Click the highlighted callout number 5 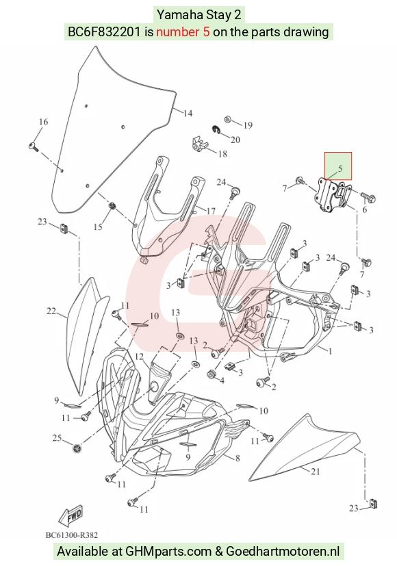pos(340,168)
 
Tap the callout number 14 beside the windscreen pos(188,114)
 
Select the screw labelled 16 pos(34,146)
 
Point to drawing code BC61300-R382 pos(71,535)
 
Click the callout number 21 pos(316,472)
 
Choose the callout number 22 pos(51,311)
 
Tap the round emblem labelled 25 pos(77,449)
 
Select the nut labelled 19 pos(228,120)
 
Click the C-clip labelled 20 pos(216,130)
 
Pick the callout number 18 pos(222,154)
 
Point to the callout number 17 pos(211,210)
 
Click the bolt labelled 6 pos(368,198)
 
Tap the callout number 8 pos(238,459)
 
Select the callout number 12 pos(140,357)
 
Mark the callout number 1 pos(329,351)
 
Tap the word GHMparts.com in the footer pos(168,552)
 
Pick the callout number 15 pos(98,227)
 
